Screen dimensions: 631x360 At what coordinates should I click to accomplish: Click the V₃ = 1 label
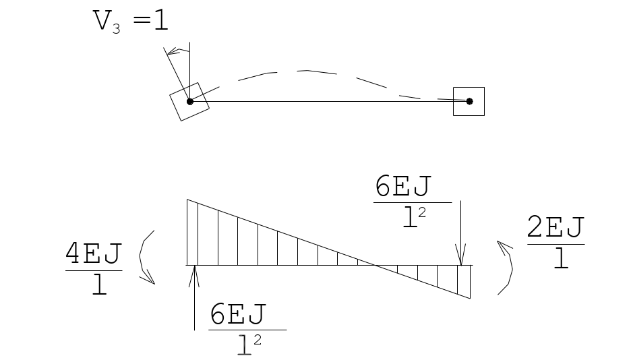pos(130,22)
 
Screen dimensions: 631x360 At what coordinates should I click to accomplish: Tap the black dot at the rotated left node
pos(190,102)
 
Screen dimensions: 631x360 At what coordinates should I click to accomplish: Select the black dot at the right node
pos(469,101)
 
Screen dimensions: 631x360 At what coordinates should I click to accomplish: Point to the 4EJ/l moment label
pos(94,269)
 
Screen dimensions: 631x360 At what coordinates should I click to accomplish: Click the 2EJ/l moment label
pos(555,242)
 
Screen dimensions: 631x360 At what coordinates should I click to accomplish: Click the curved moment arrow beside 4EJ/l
pos(140,258)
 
